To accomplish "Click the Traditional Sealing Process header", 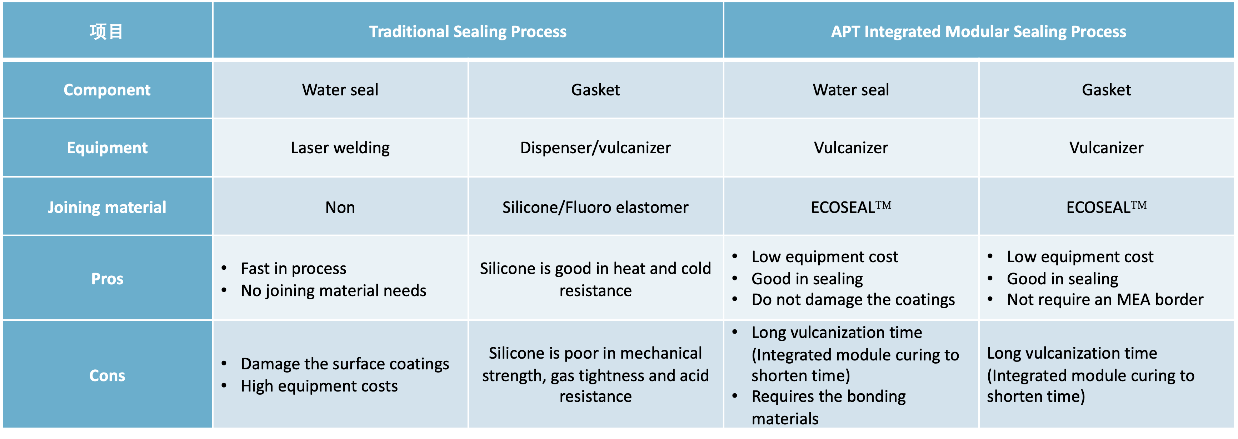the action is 468,32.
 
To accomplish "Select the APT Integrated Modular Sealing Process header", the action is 978,32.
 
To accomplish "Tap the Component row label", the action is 107,90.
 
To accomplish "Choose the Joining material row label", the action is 107,207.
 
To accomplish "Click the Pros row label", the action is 107,279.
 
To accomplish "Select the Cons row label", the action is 107,375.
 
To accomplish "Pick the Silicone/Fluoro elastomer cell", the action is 595,207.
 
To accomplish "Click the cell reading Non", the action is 340,207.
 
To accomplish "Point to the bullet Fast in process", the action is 294,268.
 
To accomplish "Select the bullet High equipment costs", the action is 319,386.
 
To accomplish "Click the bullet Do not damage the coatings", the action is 853,300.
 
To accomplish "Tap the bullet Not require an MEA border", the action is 1105,300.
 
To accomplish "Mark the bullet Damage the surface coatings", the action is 345,364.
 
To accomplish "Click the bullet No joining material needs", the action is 334,291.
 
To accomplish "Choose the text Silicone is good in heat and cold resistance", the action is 595,279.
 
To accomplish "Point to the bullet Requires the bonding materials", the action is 829,408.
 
